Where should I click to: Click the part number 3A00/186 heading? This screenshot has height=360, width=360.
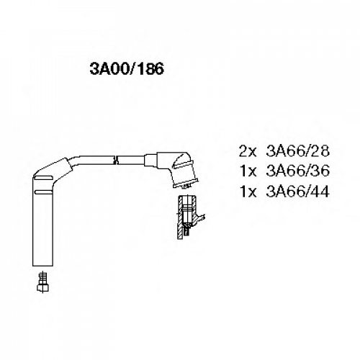[x=127, y=68]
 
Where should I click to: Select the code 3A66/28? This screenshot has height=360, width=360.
[x=297, y=151]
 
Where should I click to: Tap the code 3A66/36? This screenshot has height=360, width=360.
[x=297, y=171]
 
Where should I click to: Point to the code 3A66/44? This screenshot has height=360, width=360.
[x=297, y=192]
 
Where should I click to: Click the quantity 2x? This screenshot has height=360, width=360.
[x=248, y=151]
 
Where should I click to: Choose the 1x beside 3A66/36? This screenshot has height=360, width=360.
[x=248, y=171]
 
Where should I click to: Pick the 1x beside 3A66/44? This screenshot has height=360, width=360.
[x=248, y=192]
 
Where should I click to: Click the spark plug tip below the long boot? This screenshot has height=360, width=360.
[x=42, y=282]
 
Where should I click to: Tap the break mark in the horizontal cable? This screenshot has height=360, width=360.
[x=116, y=160]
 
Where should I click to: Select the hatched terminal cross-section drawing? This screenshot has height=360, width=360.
[x=189, y=217]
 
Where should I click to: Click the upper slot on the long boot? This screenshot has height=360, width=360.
[x=43, y=178]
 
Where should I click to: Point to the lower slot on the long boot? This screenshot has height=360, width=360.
[x=43, y=192]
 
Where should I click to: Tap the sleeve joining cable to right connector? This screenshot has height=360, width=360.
[x=150, y=160]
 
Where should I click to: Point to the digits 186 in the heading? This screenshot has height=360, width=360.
[x=150, y=68]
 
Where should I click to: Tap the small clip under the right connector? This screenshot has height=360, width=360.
[x=186, y=186]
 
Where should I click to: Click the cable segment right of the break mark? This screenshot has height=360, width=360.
[x=132, y=160]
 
